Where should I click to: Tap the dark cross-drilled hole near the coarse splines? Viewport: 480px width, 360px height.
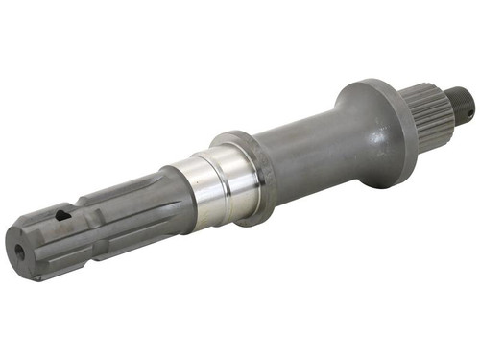click(x=62, y=216)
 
